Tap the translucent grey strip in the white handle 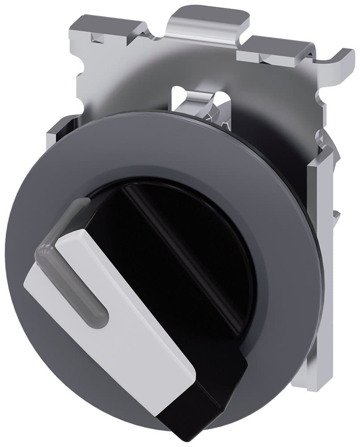click(76, 277)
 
